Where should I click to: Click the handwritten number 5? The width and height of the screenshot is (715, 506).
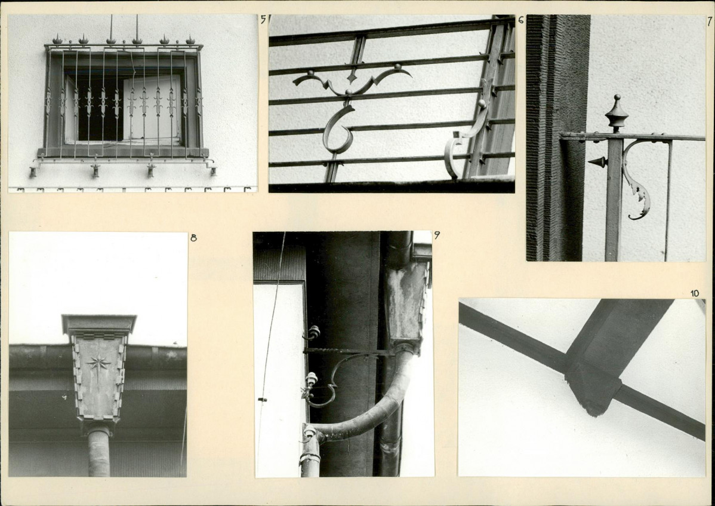click(x=263, y=20)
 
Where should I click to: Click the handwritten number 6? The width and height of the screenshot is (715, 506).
click(x=521, y=20)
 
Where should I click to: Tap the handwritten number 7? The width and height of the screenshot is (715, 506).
click(x=710, y=22)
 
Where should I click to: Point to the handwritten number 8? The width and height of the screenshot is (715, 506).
click(x=193, y=237)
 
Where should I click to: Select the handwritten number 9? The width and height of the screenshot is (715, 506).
click(x=437, y=235)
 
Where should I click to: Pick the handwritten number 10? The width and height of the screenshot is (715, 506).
click(x=695, y=293)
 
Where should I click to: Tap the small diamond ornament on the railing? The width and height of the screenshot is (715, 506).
click(x=352, y=76)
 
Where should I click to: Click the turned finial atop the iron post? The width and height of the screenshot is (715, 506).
click(x=617, y=113)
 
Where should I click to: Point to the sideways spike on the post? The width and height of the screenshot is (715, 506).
click(x=597, y=161)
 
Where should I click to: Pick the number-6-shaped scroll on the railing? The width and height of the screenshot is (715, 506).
click(x=338, y=130)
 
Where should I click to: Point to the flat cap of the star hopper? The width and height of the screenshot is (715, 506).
click(x=99, y=323)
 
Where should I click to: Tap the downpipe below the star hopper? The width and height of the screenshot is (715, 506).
click(x=99, y=452)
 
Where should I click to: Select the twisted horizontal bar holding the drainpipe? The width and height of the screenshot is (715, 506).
click(x=349, y=351)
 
